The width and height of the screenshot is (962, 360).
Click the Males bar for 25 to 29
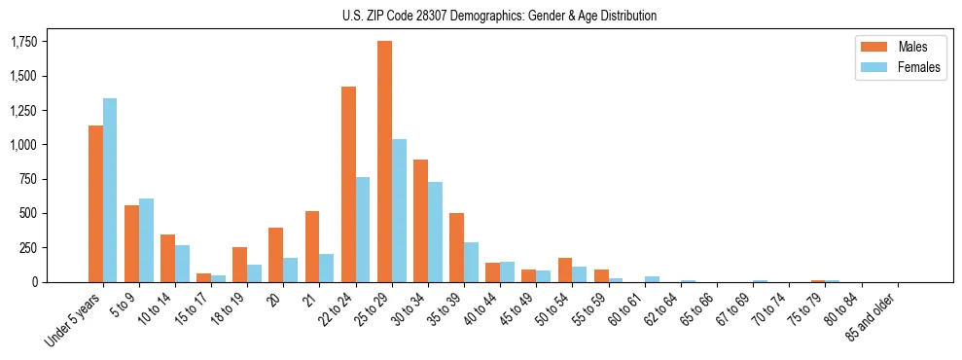point(384,162)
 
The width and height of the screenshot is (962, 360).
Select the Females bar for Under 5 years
point(110,190)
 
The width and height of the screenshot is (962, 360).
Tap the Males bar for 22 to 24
point(348,184)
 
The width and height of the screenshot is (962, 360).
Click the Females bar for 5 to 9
point(146,240)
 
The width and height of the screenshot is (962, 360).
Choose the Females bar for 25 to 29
point(399,210)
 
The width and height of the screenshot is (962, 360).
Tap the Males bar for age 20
point(276,255)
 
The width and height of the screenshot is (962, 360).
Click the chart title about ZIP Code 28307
point(499,16)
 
